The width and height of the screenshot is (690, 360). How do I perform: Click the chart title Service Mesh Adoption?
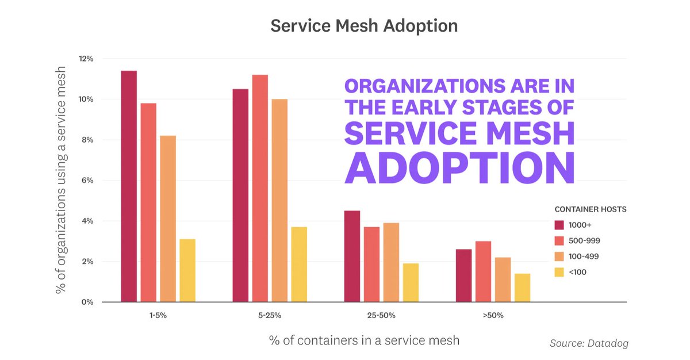click(364, 26)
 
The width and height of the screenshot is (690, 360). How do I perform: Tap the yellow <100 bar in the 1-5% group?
click(187, 270)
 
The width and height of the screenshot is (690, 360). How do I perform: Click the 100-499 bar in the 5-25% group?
click(279, 201)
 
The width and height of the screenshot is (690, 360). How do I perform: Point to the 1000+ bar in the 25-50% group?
click(352, 256)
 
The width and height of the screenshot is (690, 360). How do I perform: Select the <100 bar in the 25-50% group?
click(411, 282)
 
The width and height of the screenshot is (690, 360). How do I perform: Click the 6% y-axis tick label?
click(87, 181)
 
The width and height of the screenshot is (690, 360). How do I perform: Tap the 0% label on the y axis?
click(87, 302)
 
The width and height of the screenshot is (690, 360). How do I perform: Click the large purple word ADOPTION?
click(459, 168)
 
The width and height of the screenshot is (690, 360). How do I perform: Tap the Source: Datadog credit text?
click(589, 343)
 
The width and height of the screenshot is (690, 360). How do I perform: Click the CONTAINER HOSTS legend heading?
click(590, 209)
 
